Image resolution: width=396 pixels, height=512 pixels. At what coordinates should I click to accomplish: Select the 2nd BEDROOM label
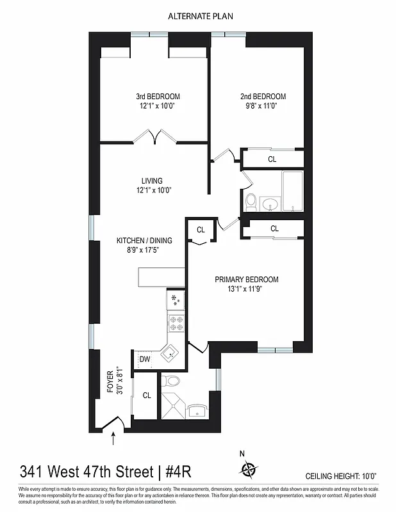click(x=263, y=97)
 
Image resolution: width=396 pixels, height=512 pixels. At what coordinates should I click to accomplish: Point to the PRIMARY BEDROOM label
click(x=247, y=280)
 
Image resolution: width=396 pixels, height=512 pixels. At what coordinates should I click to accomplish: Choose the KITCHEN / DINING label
click(x=144, y=241)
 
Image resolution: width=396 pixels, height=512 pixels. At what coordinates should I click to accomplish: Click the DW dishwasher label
click(x=145, y=360)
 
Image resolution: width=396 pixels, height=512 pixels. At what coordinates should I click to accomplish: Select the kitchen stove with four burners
click(x=176, y=323)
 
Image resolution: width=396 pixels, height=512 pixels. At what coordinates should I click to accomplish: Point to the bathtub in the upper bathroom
click(x=292, y=190)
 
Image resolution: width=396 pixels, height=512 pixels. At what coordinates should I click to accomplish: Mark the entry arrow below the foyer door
click(x=114, y=438)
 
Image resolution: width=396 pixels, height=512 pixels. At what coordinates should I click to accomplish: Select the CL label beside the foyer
click(x=147, y=396)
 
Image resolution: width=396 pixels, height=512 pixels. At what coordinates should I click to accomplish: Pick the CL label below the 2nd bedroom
click(x=272, y=159)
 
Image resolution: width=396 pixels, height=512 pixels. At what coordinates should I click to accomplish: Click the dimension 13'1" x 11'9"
click(x=247, y=289)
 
